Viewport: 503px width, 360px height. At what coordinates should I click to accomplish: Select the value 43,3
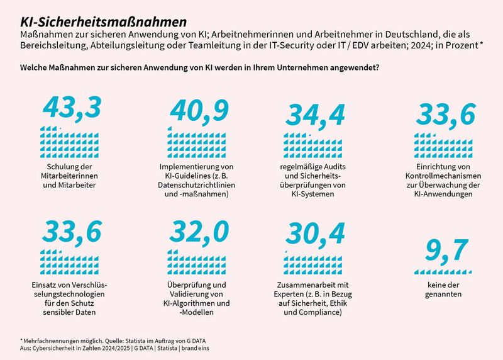point(72,108)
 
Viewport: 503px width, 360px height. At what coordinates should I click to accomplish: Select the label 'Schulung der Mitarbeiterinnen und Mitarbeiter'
point(70,176)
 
